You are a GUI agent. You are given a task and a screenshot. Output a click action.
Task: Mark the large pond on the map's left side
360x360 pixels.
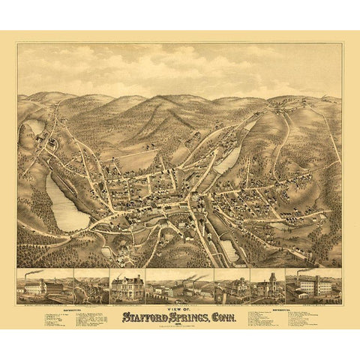66,204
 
